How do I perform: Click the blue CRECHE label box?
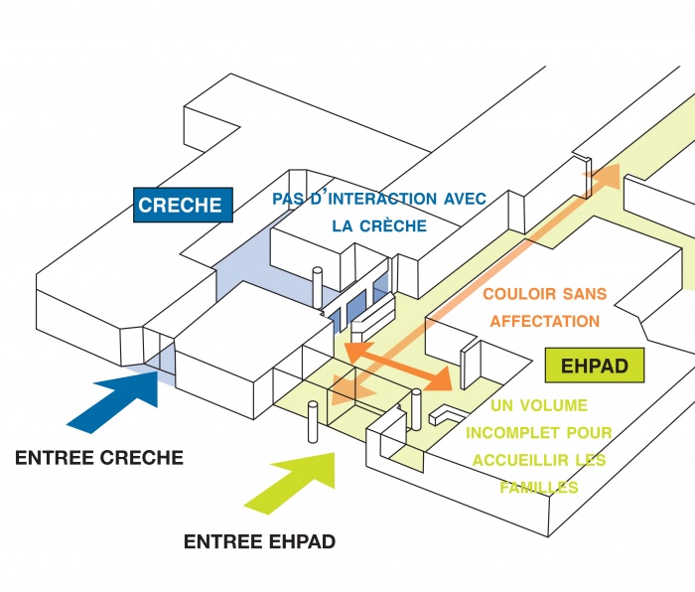point(180,207)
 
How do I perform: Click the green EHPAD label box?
point(595,366)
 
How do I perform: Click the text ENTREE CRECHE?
point(98,458)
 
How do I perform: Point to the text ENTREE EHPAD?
point(259,542)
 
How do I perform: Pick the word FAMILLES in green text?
point(539,488)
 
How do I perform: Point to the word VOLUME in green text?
point(560,405)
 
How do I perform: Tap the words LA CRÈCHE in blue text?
point(379,226)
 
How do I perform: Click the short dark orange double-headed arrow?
point(396,364)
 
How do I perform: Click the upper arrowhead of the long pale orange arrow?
point(603,178)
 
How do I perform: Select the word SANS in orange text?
point(584,295)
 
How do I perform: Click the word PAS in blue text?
point(287,200)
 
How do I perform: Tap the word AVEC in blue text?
point(464,200)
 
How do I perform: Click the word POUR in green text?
point(590,433)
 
